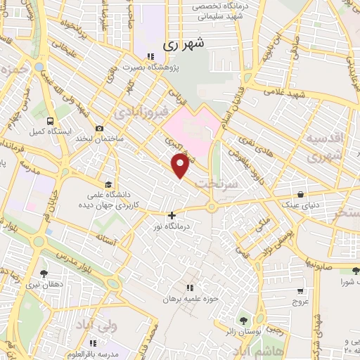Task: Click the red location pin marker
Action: [x=181, y=166]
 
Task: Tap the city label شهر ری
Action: [x=184, y=44]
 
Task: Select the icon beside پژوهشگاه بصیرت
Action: [x=149, y=56]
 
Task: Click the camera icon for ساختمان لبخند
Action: [x=99, y=129]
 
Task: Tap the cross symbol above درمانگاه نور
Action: [x=172, y=216]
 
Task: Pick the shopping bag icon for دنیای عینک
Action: [x=301, y=194]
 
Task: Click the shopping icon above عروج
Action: [x=300, y=290]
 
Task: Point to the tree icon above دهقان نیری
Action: [x=44, y=273]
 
